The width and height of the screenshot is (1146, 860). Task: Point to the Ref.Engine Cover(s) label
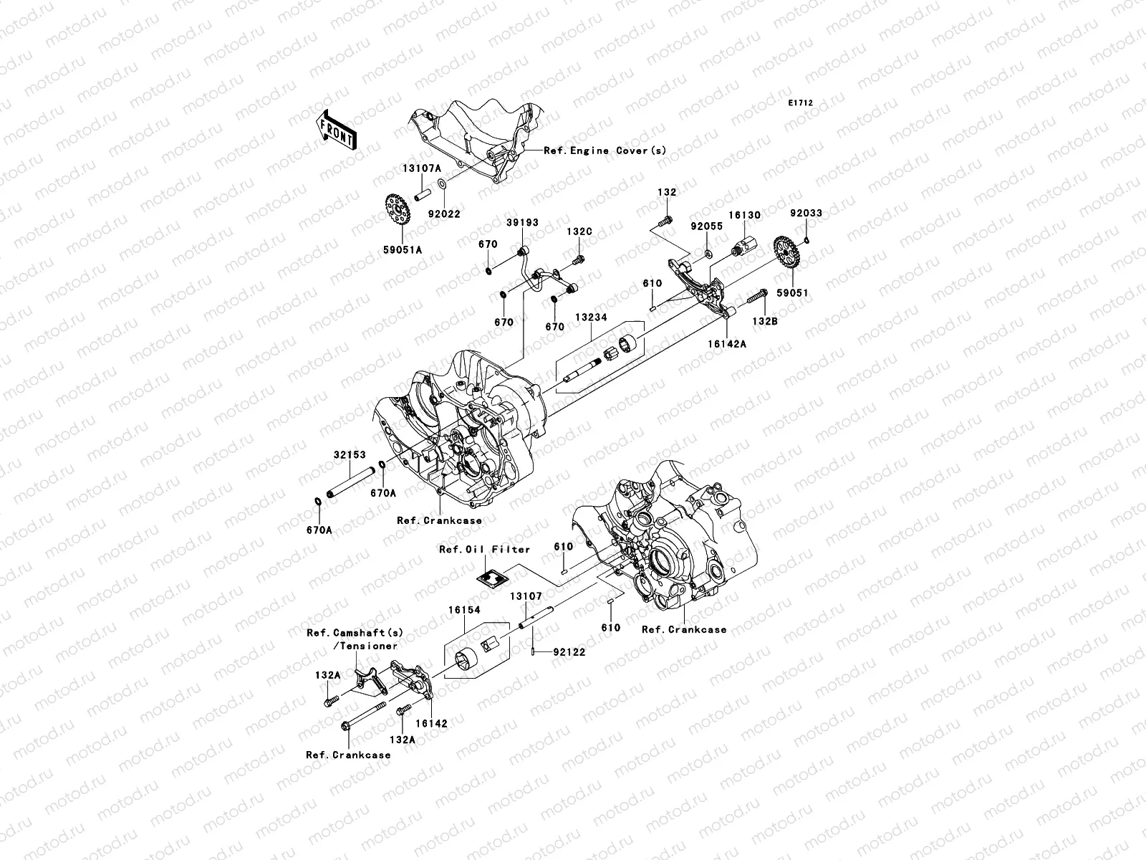click(605, 150)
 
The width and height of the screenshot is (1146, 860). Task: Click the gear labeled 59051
click(786, 254)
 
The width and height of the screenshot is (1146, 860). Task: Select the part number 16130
click(745, 215)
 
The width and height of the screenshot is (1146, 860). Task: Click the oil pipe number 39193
click(523, 224)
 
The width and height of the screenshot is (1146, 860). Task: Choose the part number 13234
click(590, 315)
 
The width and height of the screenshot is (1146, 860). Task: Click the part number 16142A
click(728, 344)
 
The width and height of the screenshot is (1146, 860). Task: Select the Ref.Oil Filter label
click(485, 549)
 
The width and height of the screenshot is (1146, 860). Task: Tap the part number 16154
click(464, 611)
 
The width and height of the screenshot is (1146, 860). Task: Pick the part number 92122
click(570, 653)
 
